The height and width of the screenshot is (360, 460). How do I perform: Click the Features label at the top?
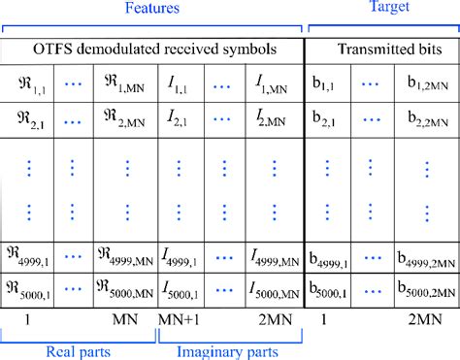pyautogui.click(x=155, y=9)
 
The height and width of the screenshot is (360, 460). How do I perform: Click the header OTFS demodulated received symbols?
pyautogui.click(x=155, y=49)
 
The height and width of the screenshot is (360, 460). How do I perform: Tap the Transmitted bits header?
pyautogui.click(x=382, y=49)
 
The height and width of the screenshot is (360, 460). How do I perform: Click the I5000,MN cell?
pyautogui.click(x=276, y=288)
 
